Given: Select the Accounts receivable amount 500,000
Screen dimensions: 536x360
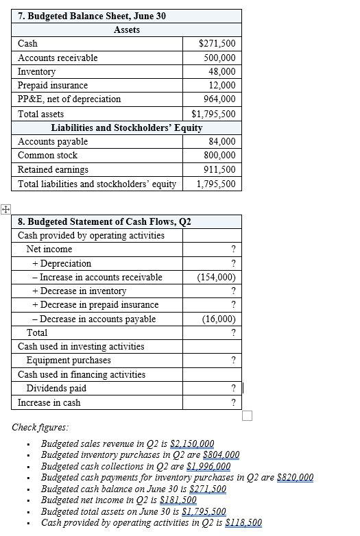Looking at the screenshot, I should click(x=221, y=58).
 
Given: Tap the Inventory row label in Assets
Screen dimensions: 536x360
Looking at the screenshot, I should click(x=36, y=71).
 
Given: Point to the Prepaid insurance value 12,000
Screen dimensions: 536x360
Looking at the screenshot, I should click(x=223, y=85).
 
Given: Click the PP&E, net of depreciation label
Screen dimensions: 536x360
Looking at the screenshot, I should click(x=69, y=99).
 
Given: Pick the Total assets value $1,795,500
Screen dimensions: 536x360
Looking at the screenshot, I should click(x=213, y=114).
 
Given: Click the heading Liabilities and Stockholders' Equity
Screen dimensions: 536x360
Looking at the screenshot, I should click(x=126, y=127).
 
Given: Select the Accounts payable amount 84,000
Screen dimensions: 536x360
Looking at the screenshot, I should click(x=223, y=141).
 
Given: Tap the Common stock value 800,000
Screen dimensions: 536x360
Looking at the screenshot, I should click(x=221, y=156).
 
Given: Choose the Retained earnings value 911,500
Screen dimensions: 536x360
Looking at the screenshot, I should click(x=221, y=169).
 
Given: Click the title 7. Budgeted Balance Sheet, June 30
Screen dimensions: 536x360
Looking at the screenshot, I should click(x=92, y=16).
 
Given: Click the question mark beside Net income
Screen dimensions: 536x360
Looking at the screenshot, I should click(x=234, y=249).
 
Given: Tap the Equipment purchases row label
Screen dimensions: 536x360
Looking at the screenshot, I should click(x=68, y=361).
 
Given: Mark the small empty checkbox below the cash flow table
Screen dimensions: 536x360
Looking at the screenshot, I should click(x=247, y=416).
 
